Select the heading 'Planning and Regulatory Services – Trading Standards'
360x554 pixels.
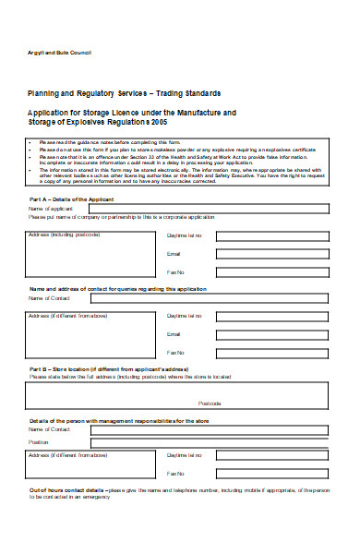[x=125, y=94]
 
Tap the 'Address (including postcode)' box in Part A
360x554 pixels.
[x=92, y=254]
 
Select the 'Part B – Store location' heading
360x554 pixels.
[x=102, y=369]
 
